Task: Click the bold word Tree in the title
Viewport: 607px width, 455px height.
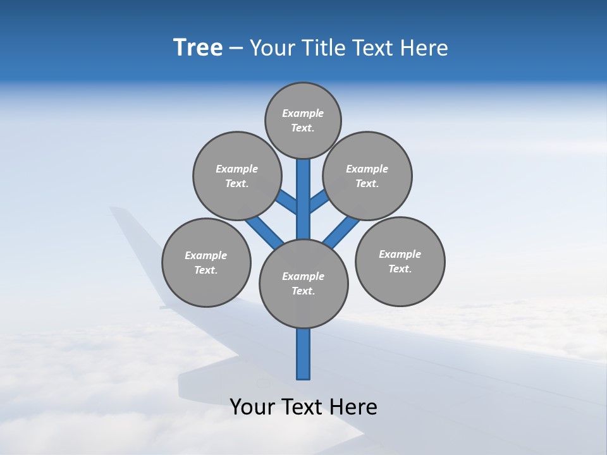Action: coord(198,47)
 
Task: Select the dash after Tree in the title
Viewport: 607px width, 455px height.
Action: coord(236,49)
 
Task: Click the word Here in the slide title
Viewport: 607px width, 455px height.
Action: coord(425,48)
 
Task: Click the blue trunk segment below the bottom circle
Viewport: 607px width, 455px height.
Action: coord(303,354)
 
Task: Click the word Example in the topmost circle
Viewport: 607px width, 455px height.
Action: coord(303,114)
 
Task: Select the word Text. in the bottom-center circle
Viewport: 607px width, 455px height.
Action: coord(303,291)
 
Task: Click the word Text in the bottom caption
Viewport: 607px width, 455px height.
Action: coord(304,407)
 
